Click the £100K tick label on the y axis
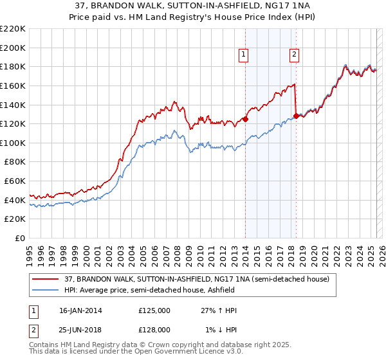pos(13,143)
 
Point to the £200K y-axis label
pos(13,48)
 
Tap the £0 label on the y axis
pos(19,239)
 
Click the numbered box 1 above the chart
pos(244,56)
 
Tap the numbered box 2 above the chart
pos(294,56)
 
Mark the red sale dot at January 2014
pos(246,119)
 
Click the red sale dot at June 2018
pos(296,116)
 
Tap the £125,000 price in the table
pos(154,310)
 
